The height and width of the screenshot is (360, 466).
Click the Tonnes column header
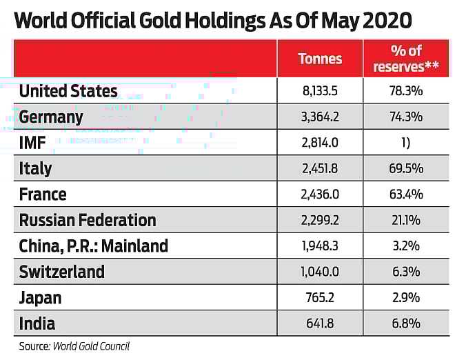click(320, 59)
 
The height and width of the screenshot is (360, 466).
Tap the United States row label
click(68, 91)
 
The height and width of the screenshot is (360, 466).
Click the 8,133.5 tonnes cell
click(320, 91)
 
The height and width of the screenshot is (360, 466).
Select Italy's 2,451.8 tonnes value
click(320, 168)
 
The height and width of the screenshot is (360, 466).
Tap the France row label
click(43, 194)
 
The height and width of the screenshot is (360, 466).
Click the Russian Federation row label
click(88, 220)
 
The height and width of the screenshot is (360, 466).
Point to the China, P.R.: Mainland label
click(94, 246)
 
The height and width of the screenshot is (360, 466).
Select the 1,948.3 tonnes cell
click(320, 246)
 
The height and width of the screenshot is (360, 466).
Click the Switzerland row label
click(62, 272)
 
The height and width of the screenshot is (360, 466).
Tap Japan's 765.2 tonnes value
click(320, 298)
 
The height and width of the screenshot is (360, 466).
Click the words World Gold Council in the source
click(91, 346)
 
